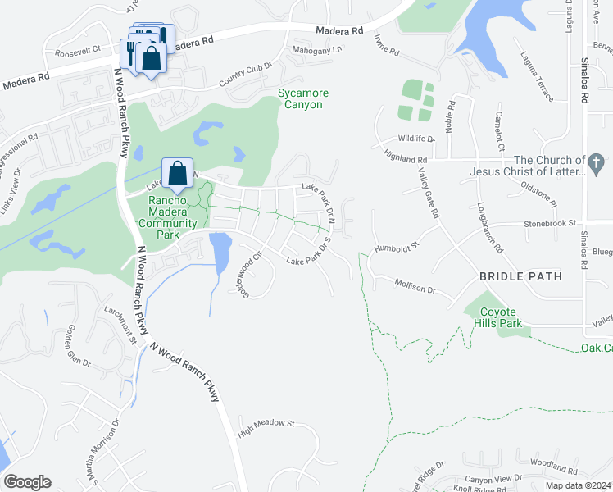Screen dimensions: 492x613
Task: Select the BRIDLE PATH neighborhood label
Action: [x=521, y=276]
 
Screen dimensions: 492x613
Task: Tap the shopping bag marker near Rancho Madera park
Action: [x=177, y=173]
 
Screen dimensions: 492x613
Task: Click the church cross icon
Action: [x=597, y=161]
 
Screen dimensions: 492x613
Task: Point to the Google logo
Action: [x=27, y=482]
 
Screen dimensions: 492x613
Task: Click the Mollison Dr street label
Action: [x=414, y=289]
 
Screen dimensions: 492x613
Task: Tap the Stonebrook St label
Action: [x=551, y=222]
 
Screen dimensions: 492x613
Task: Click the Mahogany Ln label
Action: [x=316, y=50]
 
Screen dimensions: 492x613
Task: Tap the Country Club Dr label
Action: [x=245, y=78]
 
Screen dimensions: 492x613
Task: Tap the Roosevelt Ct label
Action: [x=77, y=50]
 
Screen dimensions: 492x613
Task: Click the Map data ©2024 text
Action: [x=579, y=485]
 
